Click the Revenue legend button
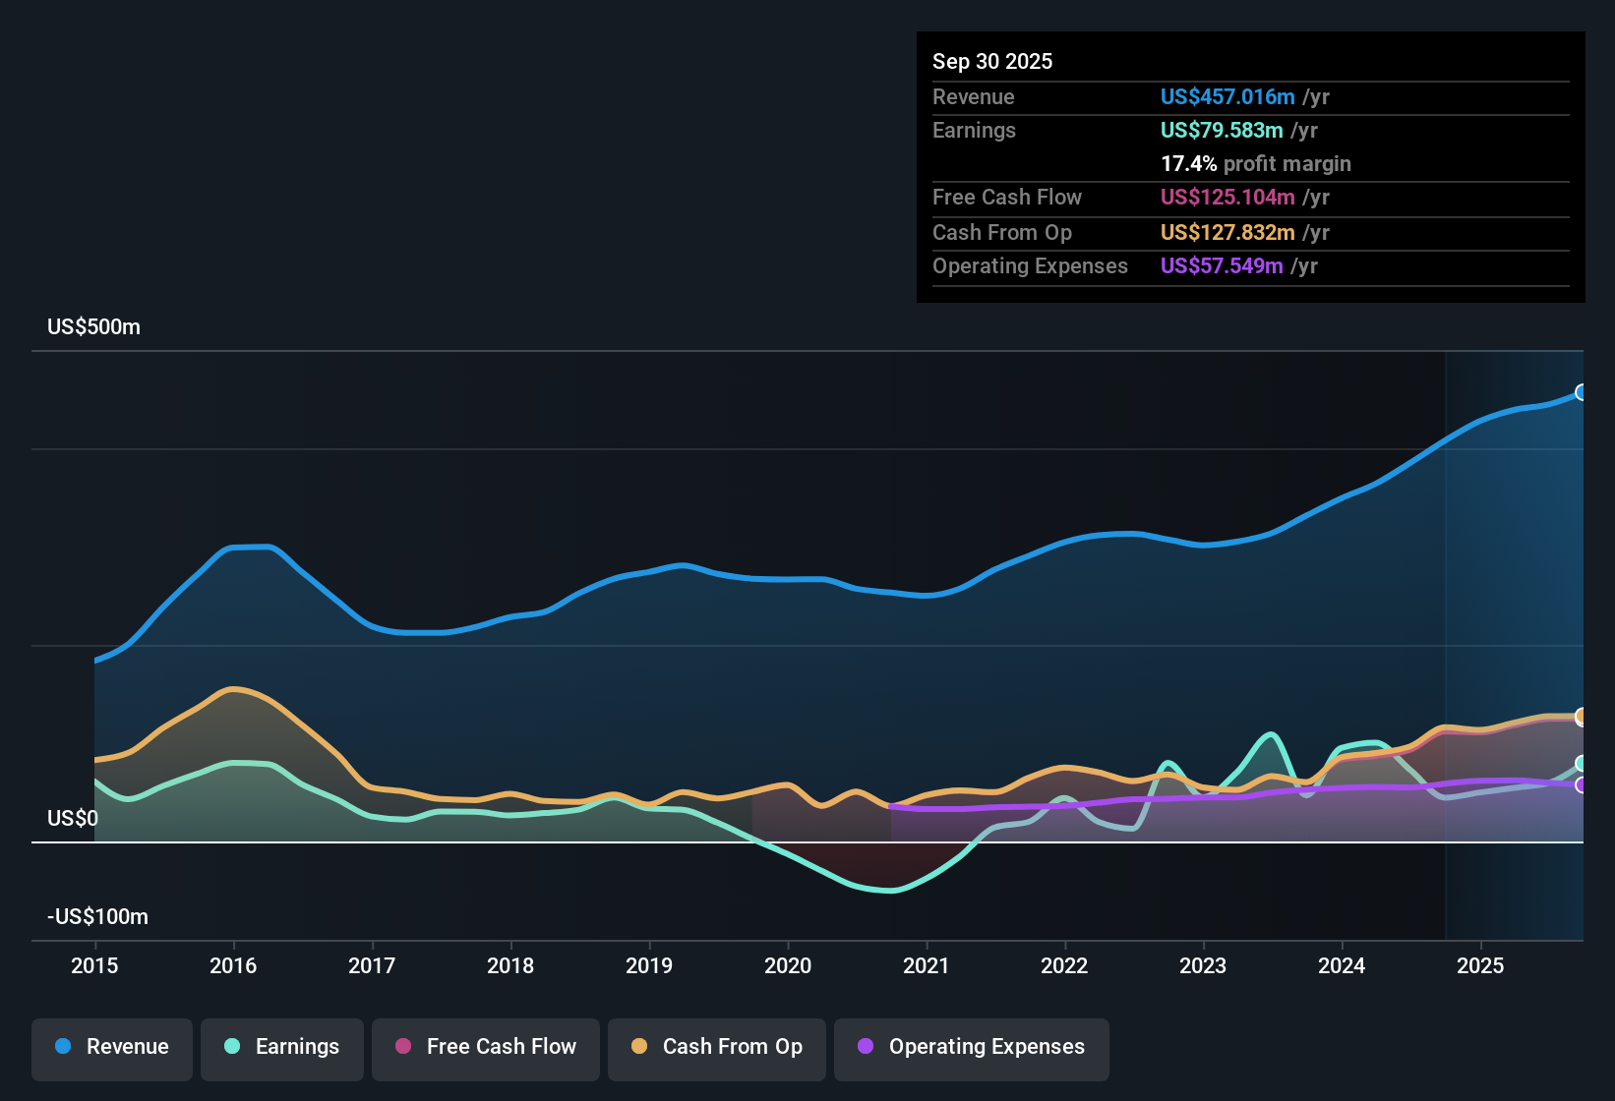(x=112, y=1047)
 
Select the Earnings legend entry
(x=282, y=1047)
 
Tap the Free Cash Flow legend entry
(x=486, y=1047)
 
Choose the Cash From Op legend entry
(x=717, y=1047)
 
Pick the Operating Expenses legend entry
(x=972, y=1047)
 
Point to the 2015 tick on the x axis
(x=94, y=965)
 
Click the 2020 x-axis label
(x=788, y=965)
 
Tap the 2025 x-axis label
(x=1480, y=965)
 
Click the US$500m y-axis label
(x=93, y=327)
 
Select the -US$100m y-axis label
(x=97, y=917)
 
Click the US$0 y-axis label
(x=73, y=819)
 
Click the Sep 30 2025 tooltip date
(x=992, y=61)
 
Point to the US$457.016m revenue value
(x=1227, y=96)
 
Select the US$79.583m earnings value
(x=1222, y=130)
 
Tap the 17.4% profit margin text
(x=1256, y=163)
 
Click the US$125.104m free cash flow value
(x=1227, y=197)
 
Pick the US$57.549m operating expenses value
(x=1222, y=265)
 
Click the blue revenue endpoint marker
(x=1581, y=392)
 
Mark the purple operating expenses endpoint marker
(x=1581, y=784)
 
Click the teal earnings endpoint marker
(x=1581, y=764)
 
